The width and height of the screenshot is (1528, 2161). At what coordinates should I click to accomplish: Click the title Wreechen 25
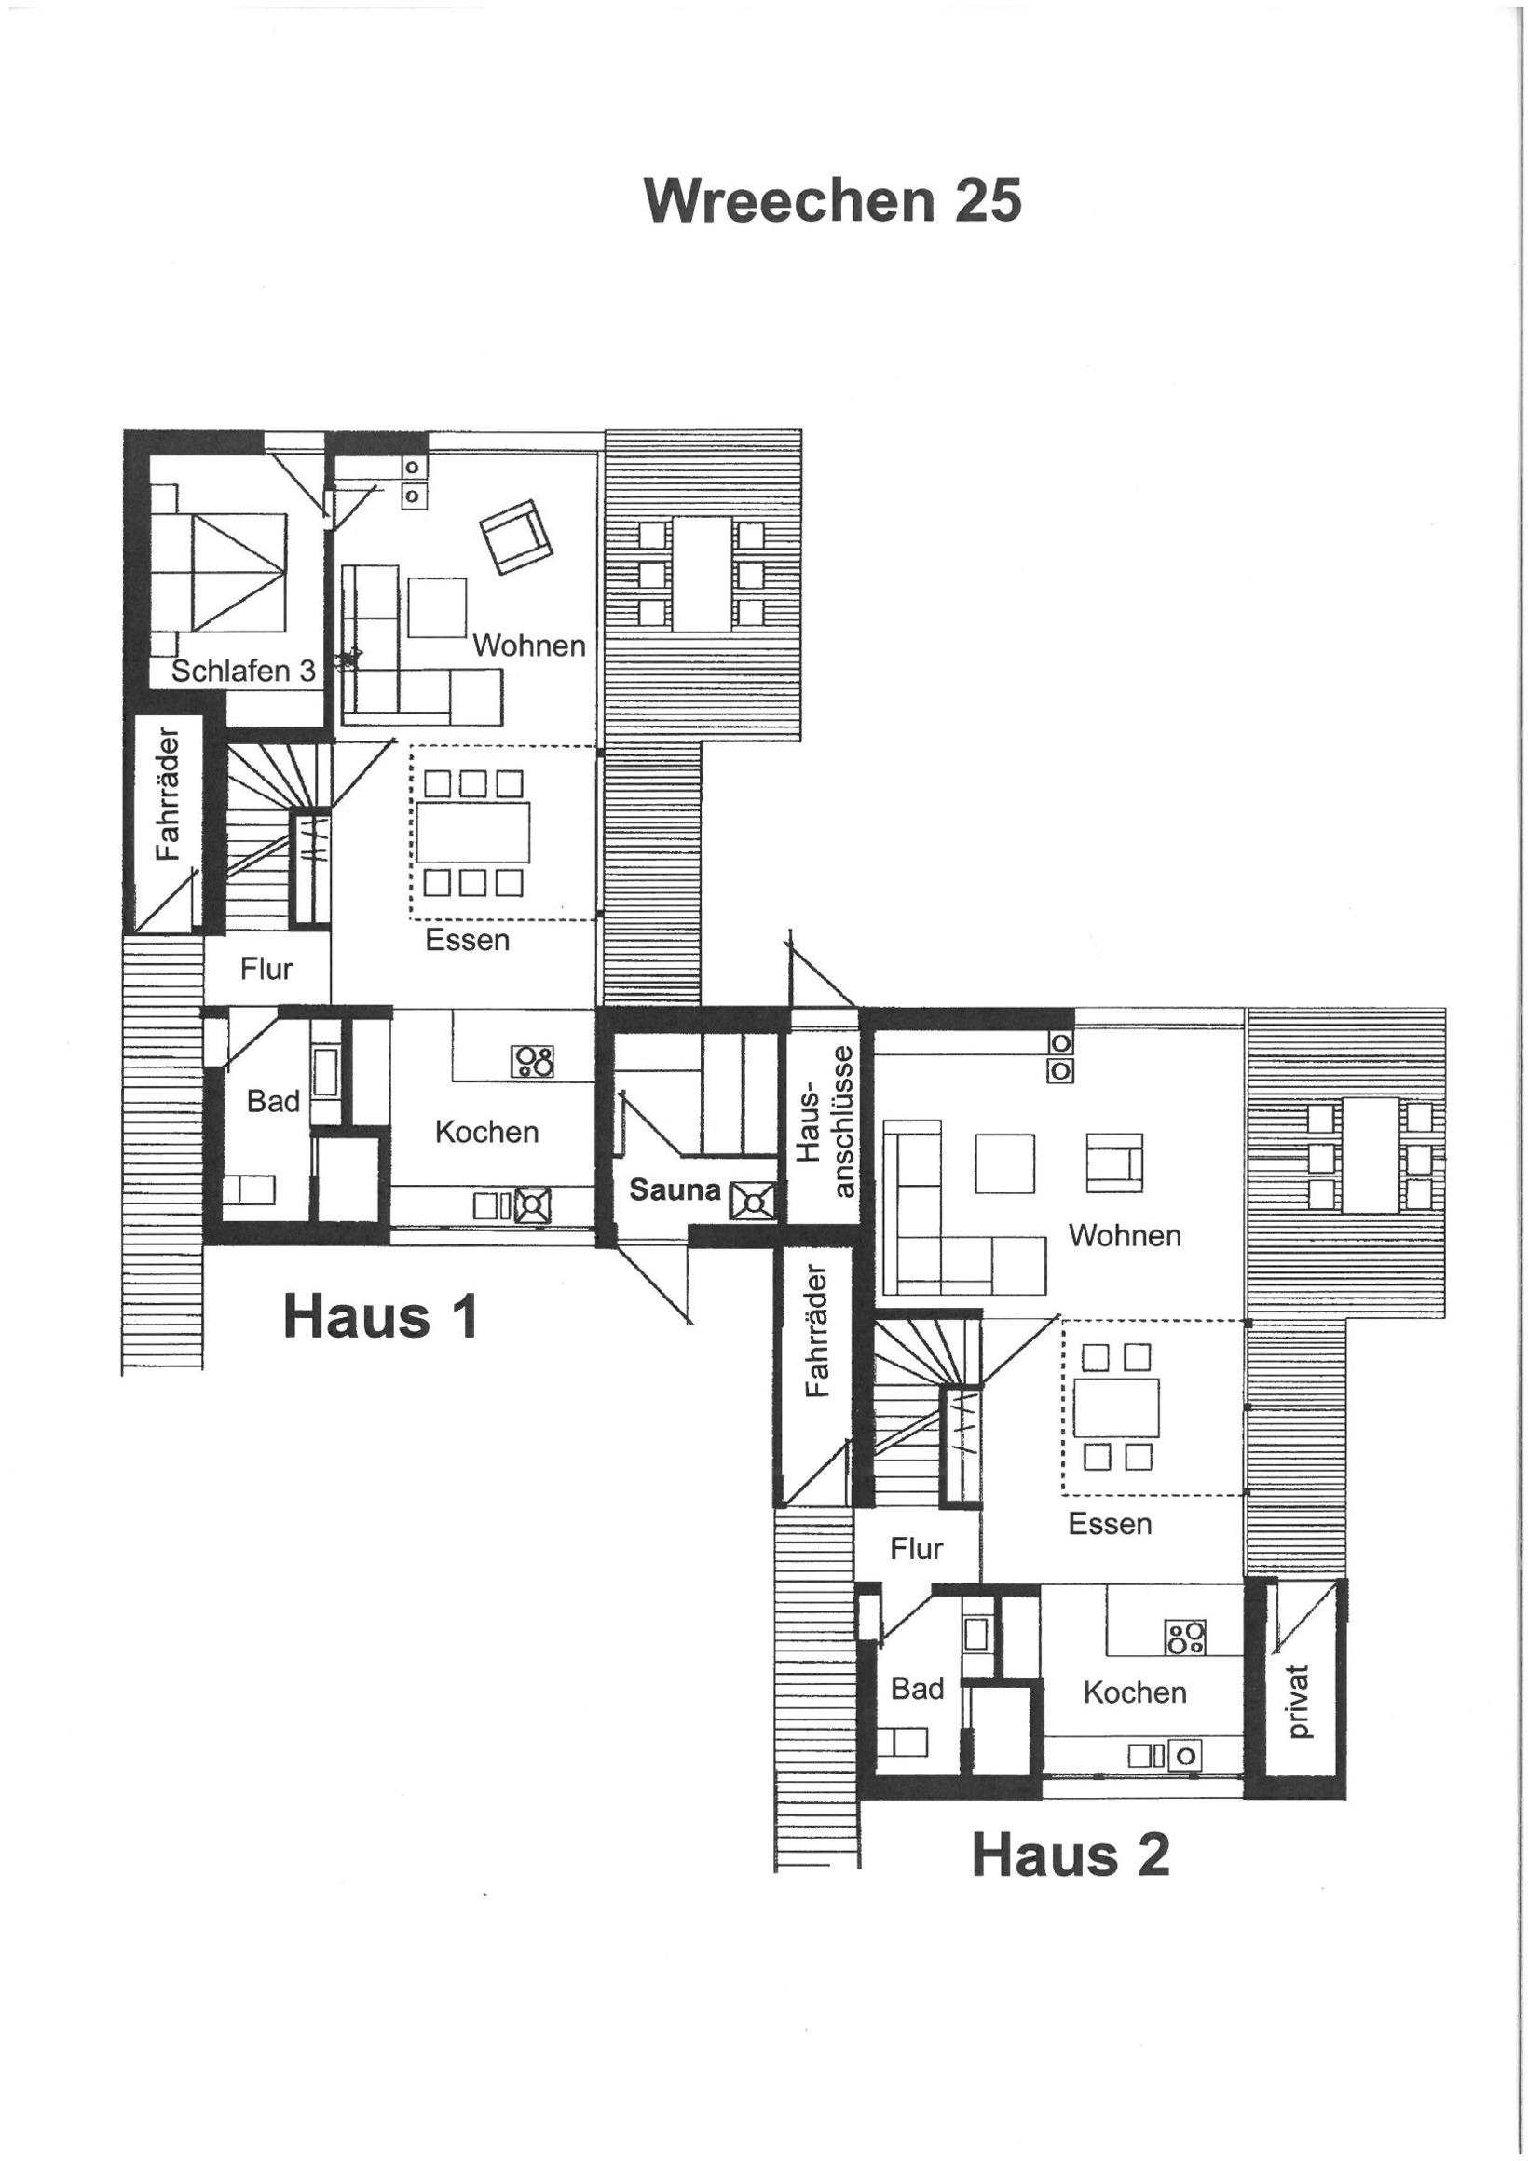(x=833, y=200)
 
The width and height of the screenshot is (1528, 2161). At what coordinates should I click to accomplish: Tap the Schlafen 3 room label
(x=243, y=670)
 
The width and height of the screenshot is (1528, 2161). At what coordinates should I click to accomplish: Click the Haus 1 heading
(x=380, y=1316)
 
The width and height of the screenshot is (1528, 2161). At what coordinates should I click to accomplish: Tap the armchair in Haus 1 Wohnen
(x=515, y=536)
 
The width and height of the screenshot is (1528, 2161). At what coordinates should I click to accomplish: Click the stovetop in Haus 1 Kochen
(x=533, y=1062)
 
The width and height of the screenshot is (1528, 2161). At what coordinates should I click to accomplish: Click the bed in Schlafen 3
(x=218, y=571)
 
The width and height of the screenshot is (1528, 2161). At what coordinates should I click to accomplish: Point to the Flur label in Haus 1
(x=266, y=969)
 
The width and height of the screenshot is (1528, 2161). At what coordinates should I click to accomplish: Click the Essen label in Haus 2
(x=1110, y=1523)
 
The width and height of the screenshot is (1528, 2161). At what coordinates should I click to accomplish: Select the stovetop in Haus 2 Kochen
(x=1185, y=1637)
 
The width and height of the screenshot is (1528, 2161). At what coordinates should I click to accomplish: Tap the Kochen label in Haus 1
(x=486, y=1132)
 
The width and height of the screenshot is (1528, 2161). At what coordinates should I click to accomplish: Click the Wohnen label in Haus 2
(x=1125, y=1235)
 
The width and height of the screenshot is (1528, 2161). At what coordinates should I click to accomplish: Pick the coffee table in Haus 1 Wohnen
(x=437, y=608)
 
